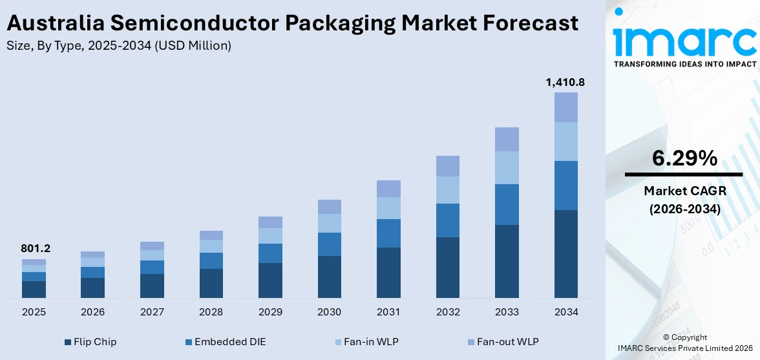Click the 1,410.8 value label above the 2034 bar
click(566, 82)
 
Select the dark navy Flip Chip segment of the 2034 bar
click(566, 253)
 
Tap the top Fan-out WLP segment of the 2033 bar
click(507, 139)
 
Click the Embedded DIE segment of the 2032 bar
click(448, 220)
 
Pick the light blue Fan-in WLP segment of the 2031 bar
click(388, 207)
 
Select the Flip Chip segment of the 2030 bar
click(329, 277)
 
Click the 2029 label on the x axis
click(270, 312)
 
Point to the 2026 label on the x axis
click(92, 312)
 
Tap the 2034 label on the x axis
click(566, 312)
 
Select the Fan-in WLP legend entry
click(368, 341)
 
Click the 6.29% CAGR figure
click(684, 158)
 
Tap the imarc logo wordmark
click(684, 40)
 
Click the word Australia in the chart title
click(54, 23)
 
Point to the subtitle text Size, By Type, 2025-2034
click(87, 45)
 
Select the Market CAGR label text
click(684, 191)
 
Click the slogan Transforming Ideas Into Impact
click(684, 64)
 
